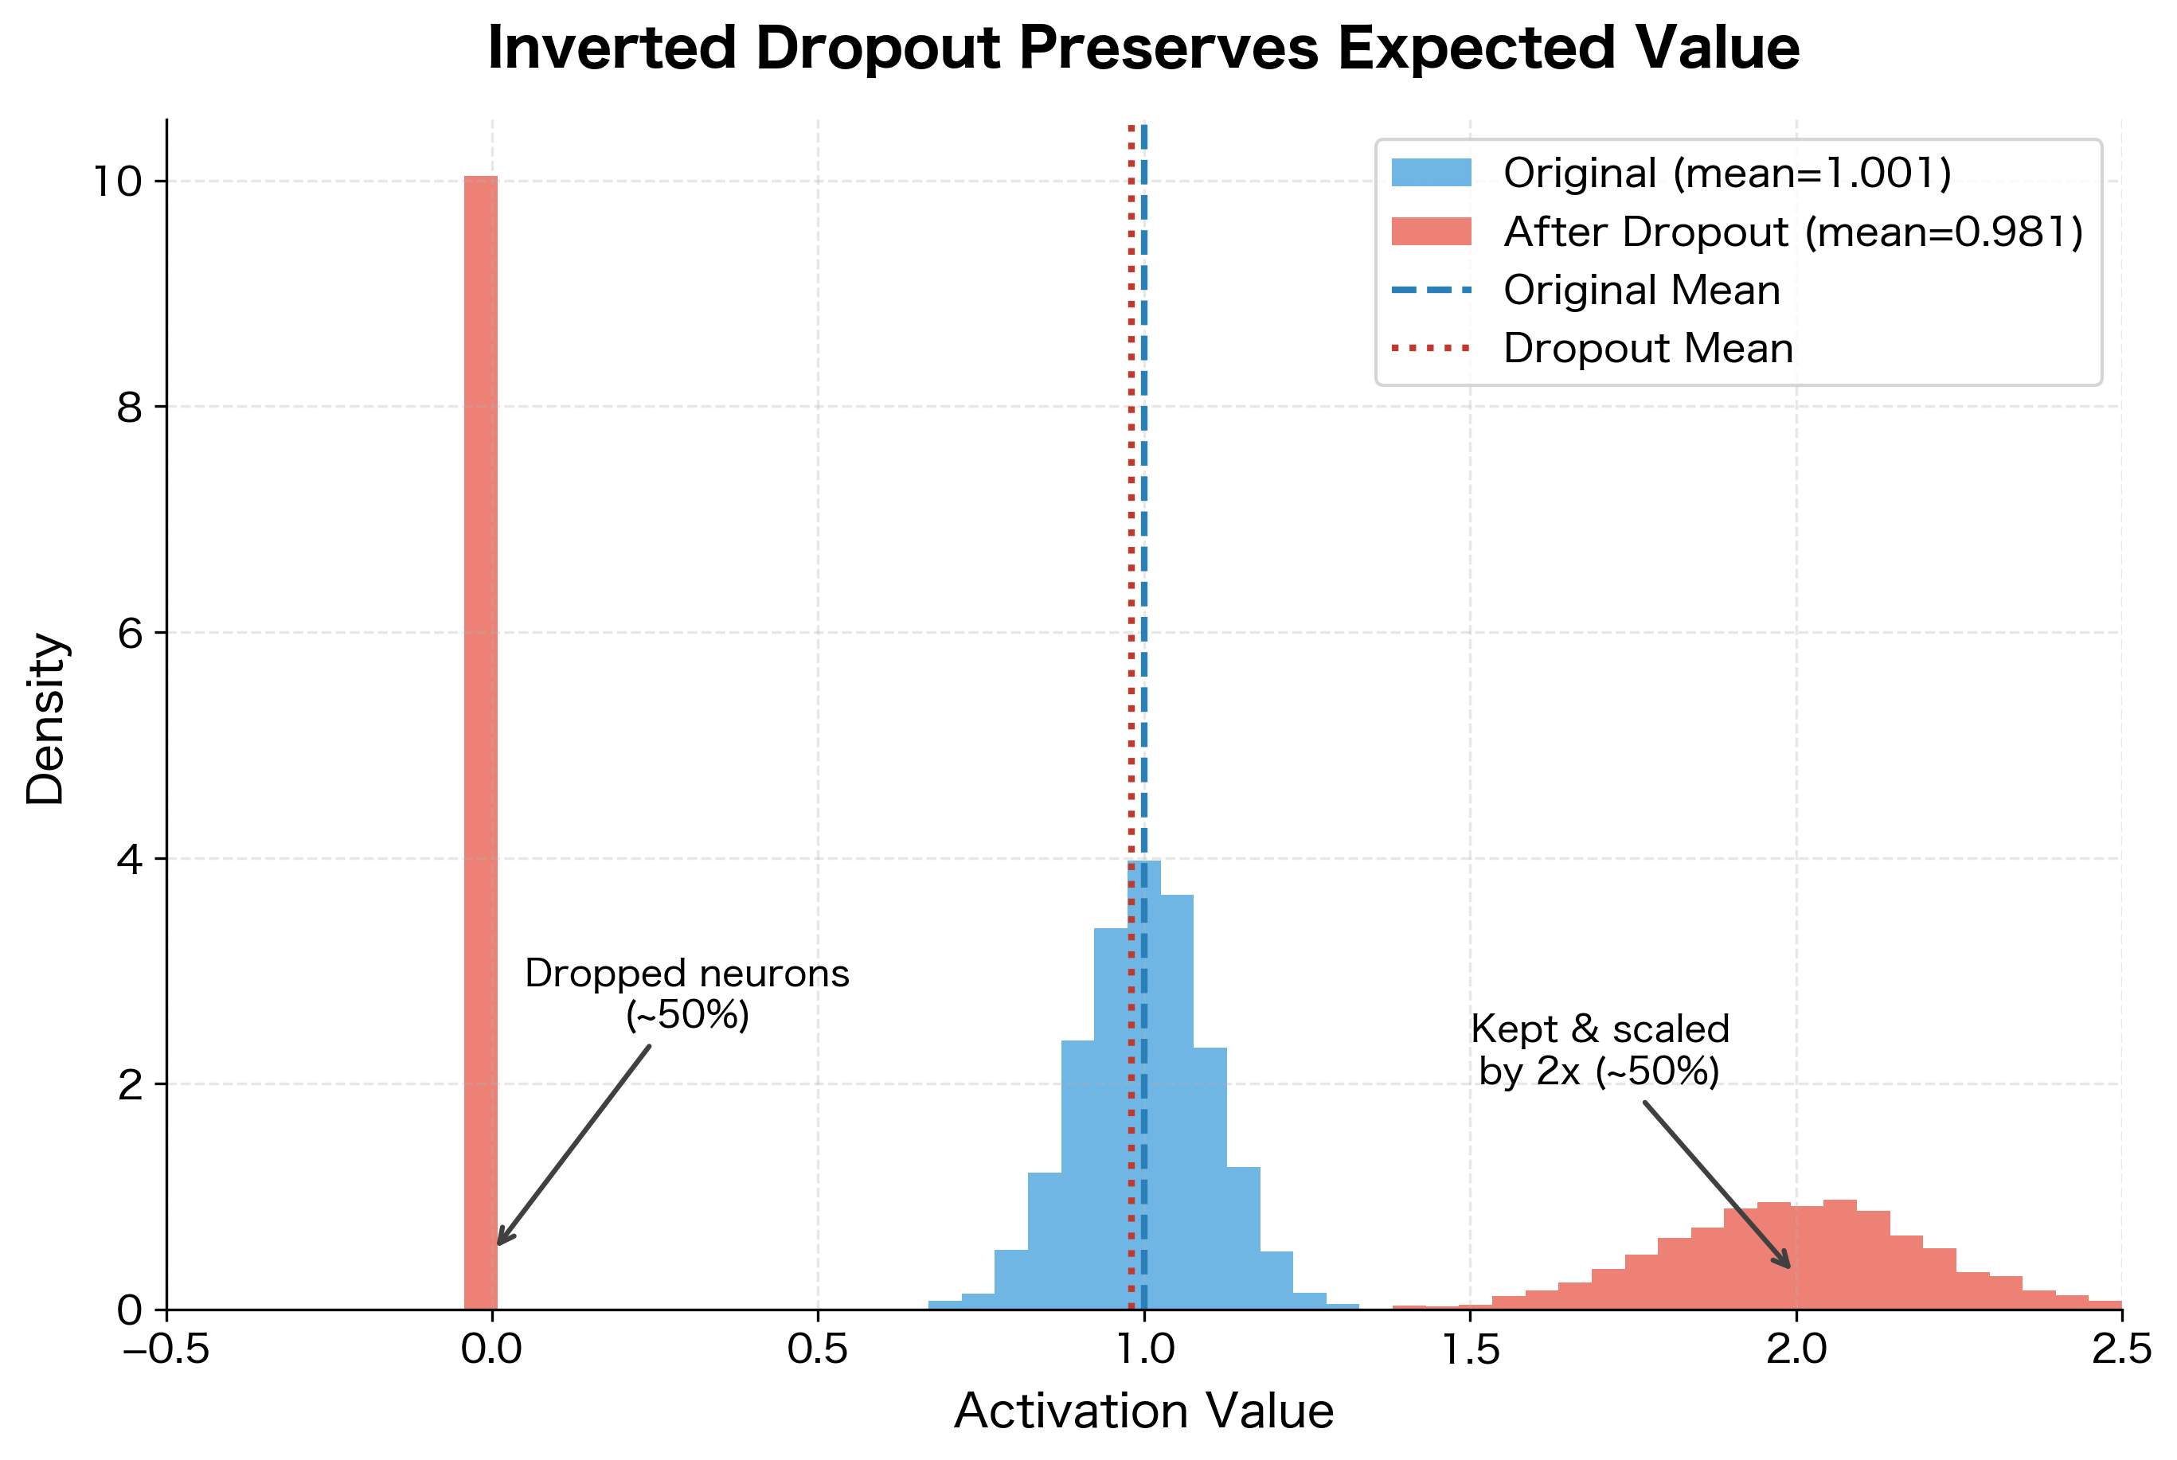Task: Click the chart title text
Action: point(1143,48)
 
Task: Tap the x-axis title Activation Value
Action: point(1143,1410)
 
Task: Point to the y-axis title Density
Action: point(45,719)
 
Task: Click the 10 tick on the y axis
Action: point(119,181)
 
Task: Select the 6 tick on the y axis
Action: point(130,633)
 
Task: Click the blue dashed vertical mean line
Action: point(1144,559)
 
